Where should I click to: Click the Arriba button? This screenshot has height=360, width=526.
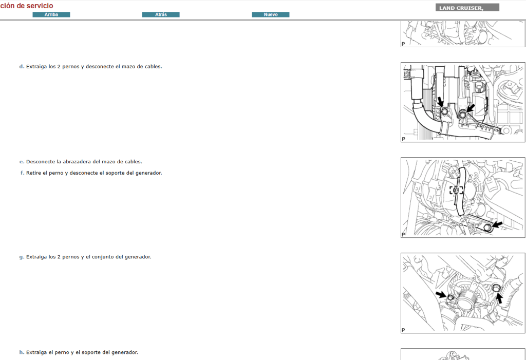(x=51, y=14)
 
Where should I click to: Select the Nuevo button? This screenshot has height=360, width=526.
(x=270, y=14)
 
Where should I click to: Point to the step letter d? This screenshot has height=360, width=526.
(x=21, y=66)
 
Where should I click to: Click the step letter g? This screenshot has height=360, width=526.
(x=21, y=257)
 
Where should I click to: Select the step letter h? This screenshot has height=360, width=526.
(x=21, y=352)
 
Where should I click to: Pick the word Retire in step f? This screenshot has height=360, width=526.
(x=33, y=173)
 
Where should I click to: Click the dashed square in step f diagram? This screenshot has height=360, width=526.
(x=456, y=190)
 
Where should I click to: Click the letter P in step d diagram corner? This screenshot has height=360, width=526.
(x=403, y=139)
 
